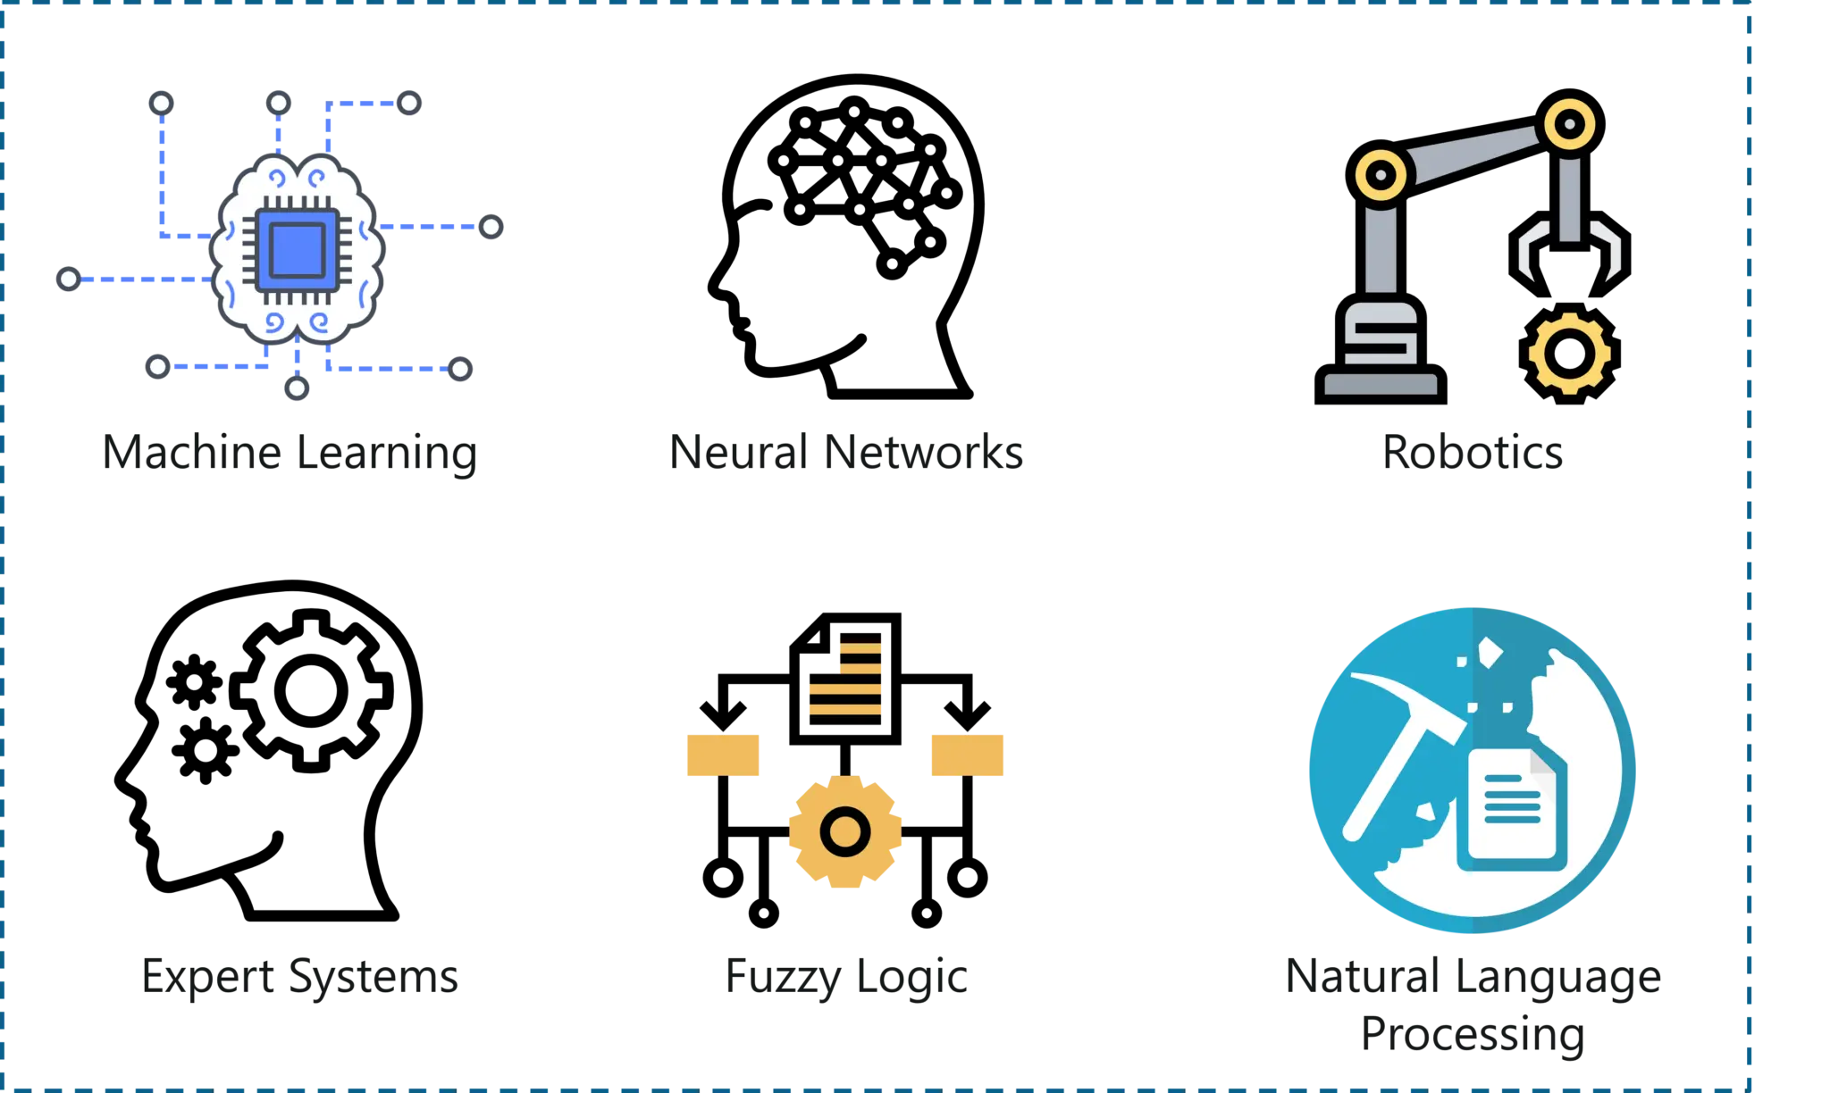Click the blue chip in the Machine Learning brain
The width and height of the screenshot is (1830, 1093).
(297, 250)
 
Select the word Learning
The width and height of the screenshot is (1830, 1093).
(387, 453)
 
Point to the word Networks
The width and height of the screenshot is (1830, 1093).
(923, 451)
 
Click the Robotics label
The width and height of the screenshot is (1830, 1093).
(1473, 451)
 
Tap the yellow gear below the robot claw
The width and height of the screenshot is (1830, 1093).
(1570, 354)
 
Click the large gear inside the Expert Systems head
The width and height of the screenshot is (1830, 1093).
(311, 690)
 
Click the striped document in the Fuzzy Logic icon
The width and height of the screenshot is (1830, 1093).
(845, 679)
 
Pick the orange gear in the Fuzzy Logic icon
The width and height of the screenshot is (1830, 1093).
(845, 831)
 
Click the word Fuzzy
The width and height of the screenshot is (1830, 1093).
(784, 977)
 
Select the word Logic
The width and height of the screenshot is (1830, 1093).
(912, 977)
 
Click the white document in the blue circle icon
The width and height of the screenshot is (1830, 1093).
(1512, 808)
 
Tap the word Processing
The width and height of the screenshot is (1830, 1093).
(1473, 1035)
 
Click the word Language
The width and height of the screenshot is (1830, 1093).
(1558, 977)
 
